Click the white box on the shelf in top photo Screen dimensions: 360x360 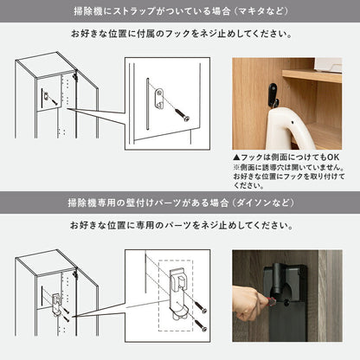pyautogui.click(x=330, y=62)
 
